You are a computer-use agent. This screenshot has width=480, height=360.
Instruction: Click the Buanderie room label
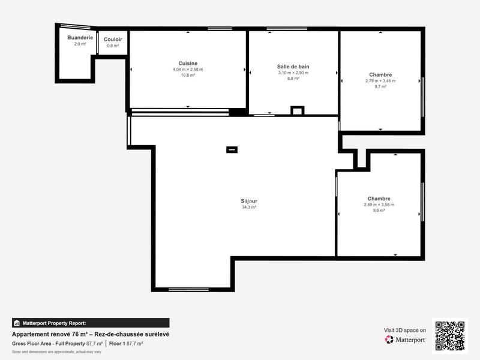tap(80, 37)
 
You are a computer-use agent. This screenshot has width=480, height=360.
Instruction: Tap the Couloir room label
tap(113, 39)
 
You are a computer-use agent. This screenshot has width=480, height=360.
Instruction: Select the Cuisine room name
tap(188, 63)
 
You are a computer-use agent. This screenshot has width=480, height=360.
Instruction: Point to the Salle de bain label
tap(293, 66)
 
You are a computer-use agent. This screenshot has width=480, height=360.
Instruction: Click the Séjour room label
tap(249, 201)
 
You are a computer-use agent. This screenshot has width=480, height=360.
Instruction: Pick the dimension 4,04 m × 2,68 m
tap(188, 70)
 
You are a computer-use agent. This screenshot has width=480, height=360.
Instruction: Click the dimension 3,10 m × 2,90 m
tap(293, 73)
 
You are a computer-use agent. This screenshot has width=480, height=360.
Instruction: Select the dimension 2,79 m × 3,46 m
tap(380, 81)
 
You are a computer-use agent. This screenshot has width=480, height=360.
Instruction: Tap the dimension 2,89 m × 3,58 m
tap(379, 205)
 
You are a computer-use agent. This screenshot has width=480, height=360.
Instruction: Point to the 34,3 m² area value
tap(249, 207)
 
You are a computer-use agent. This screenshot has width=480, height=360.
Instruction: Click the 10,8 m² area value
tap(188, 76)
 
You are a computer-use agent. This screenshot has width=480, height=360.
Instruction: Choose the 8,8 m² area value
tap(293, 79)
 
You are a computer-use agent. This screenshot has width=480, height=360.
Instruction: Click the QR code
tap(449, 336)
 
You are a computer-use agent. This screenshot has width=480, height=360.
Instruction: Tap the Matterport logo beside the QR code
tap(406, 340)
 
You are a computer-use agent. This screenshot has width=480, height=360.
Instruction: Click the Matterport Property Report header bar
tap(91, 323)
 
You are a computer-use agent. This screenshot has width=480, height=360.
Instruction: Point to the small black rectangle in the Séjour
tap(232, 149)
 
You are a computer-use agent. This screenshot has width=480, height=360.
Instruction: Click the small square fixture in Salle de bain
tap(297, 110)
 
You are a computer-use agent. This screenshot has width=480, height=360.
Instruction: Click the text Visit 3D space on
tap(405, 330)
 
